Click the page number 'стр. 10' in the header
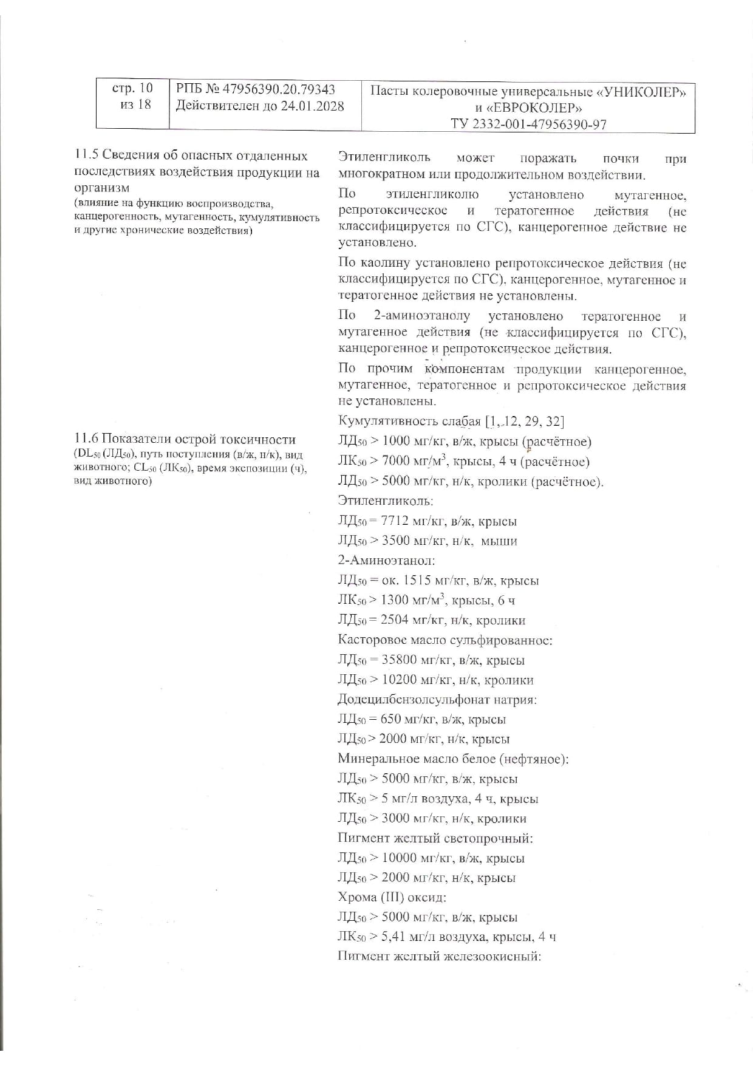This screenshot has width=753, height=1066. click(x=132, y=89)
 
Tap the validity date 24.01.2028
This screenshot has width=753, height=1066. click(x=312, y=106)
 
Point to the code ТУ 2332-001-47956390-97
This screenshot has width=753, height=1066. click(x=528, y=125)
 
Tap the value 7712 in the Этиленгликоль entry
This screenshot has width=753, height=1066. click(x=395, y=521)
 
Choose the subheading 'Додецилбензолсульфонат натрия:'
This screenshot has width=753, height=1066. click(x=437, y=700)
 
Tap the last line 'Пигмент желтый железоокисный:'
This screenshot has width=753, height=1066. click(x=439, y=957)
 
